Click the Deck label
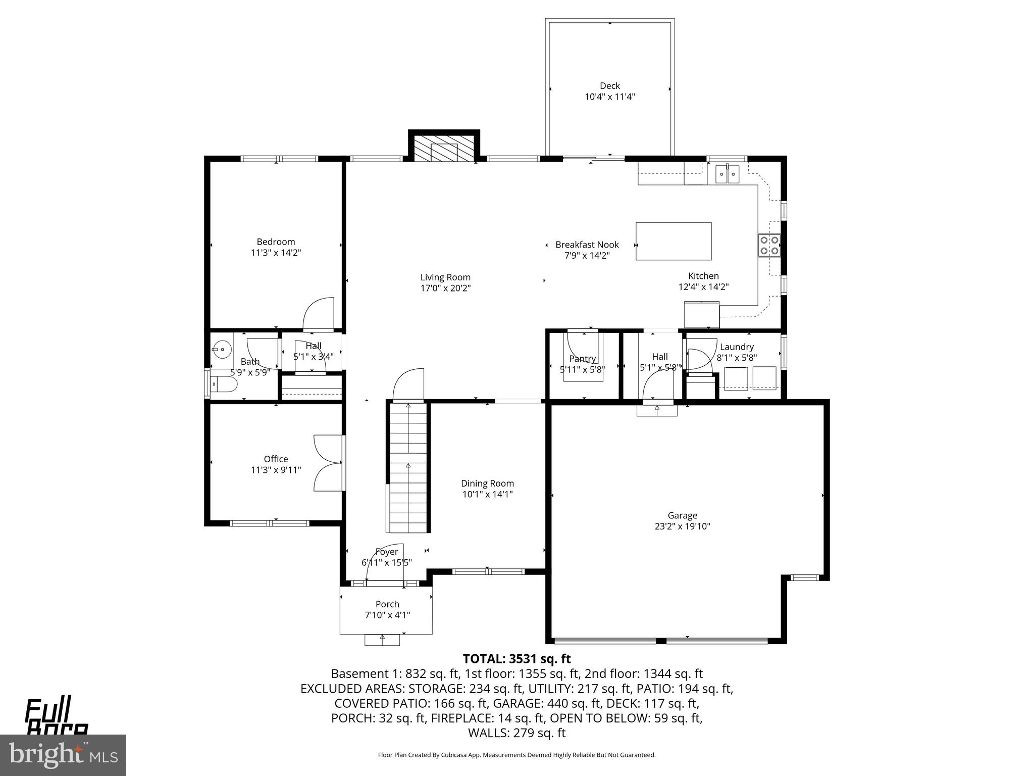tap(609, 86)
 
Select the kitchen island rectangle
tap(674, 241)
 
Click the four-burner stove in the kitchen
tap(769, 245)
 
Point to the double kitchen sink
tap(727, 175)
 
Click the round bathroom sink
tap(221, 349)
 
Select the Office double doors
tap(328, 463)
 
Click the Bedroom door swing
tap(319, 314)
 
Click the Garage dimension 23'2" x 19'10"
tap(682, 526)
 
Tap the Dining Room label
tap(487, 483)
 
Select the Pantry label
tap(582, 359)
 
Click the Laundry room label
tap(737, 347)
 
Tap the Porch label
tap(387, 604)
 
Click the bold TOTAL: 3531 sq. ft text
tap(516, 659)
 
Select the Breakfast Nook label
tap(587, 245)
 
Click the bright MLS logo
tap(63, 754)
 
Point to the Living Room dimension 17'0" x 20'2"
tap(445, 288)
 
